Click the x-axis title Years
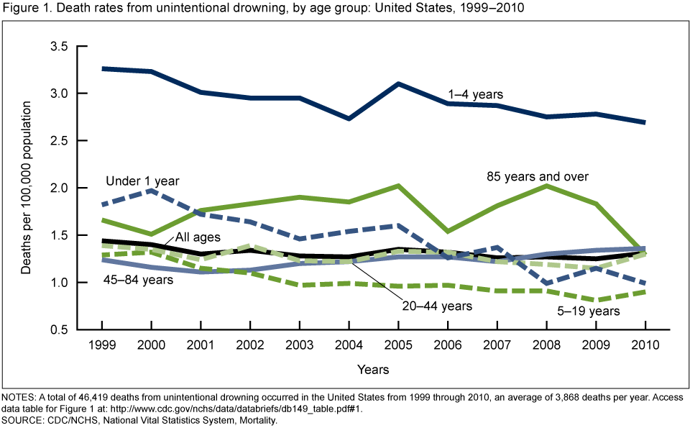click(x=373, y=370)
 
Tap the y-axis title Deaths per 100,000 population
click(x=27, y=188)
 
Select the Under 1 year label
click(x=142, y=181)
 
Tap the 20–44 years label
click(x=436, y=306)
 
